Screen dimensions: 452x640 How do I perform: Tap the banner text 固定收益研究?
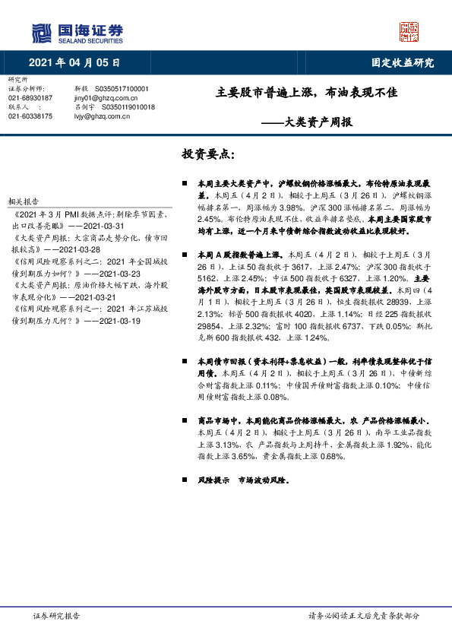(402, 62)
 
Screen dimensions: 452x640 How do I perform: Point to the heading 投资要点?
(208, 154)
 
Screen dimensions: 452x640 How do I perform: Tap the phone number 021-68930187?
(30, 98)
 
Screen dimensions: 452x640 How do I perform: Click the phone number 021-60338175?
(30, 116)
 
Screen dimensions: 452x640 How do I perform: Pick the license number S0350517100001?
(128, 89)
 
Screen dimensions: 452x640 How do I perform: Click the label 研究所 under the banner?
(17, 80)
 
